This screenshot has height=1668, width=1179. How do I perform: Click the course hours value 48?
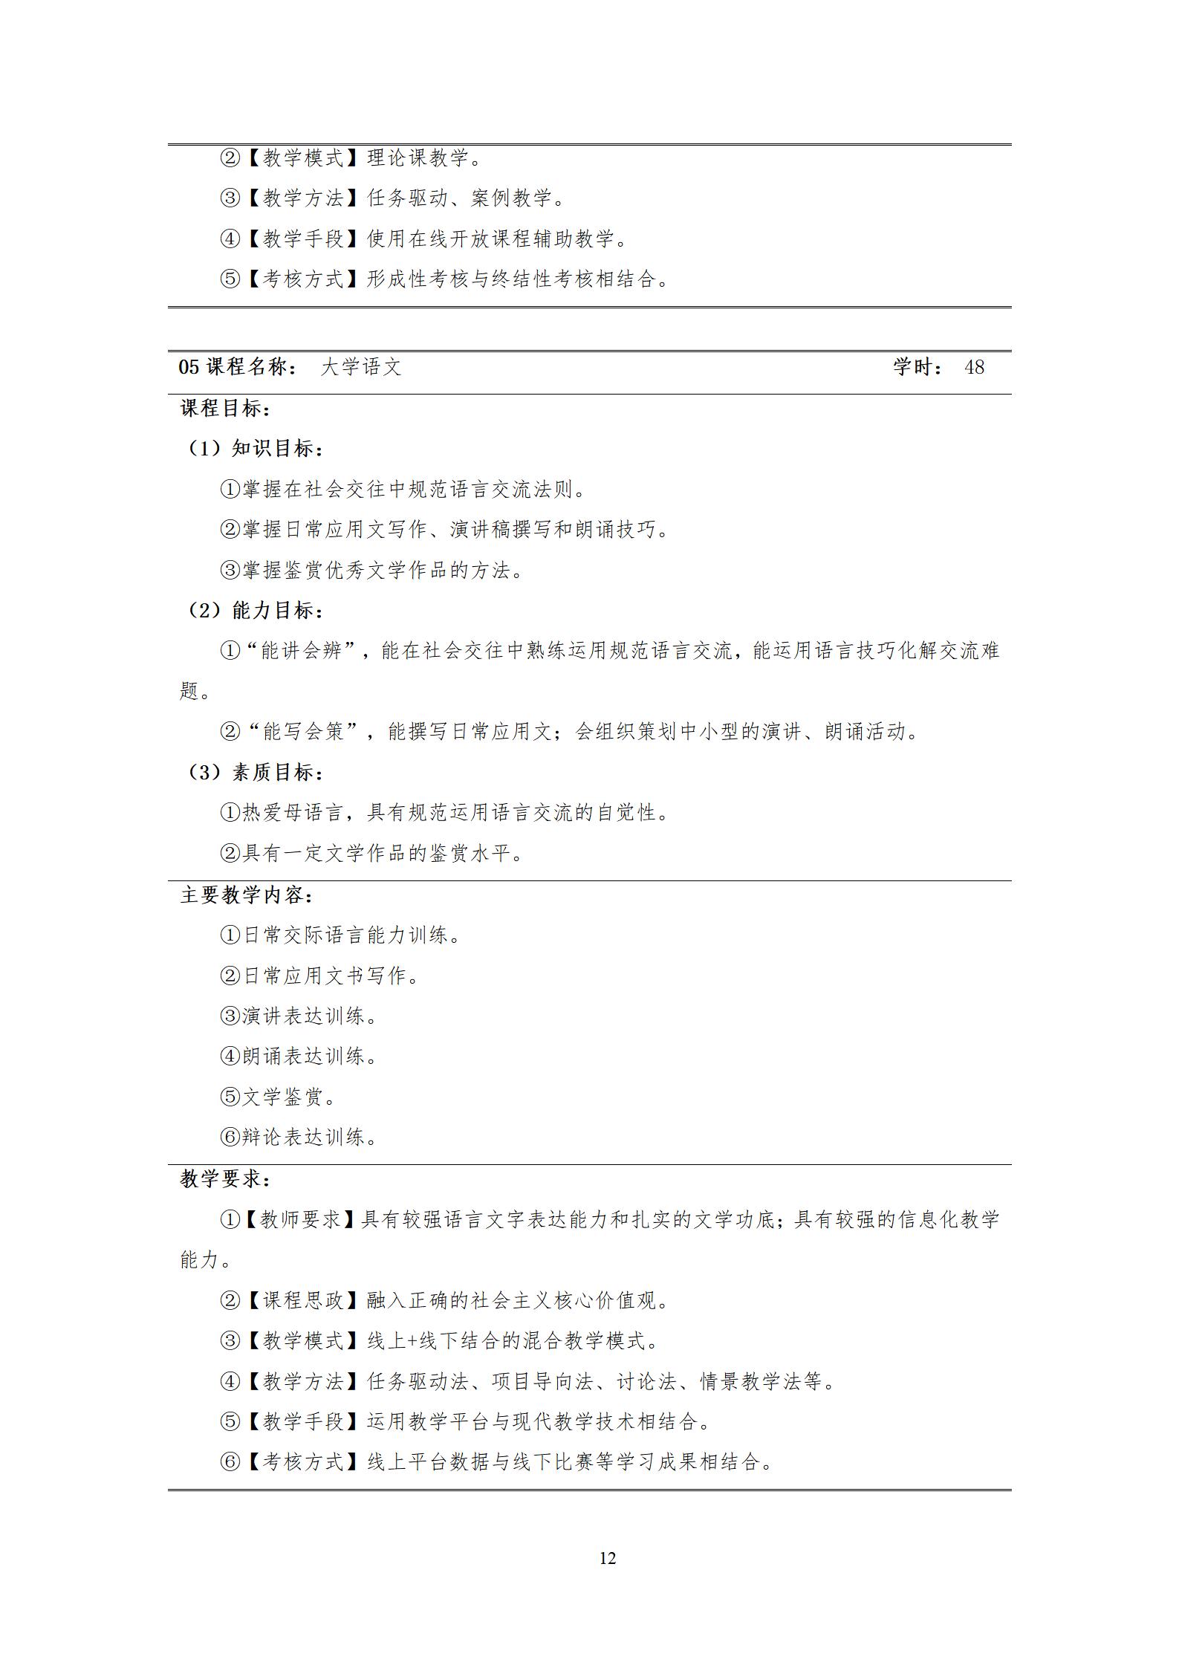(x=974, y=367)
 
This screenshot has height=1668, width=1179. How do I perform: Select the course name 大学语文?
(x=360, y=367)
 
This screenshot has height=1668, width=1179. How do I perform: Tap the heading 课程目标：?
(x=225, y=408)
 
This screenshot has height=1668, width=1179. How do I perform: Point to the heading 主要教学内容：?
(x=247, y=895)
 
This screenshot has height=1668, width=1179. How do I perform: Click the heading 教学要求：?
(x=225, y=1178)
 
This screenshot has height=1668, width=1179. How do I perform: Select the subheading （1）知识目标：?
(x=253, y=449)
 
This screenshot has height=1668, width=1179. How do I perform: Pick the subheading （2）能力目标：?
(x=253, y=611)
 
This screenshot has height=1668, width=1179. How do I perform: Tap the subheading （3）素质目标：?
(x=253, y=773)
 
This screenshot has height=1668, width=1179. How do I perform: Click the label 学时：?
(x=919, y=367)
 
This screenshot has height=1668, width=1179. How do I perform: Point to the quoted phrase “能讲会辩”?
(x=302, y=651)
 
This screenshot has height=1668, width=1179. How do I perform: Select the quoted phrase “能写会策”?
(x=305, y=732)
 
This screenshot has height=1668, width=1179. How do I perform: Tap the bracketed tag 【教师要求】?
(x=299, y=1219)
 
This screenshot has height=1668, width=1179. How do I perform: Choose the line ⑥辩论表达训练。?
(x=299, y=1137)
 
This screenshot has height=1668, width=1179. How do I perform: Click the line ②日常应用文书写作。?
(x=319, y=976)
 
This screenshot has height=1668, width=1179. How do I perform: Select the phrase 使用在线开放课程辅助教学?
(x=490, y=238)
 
